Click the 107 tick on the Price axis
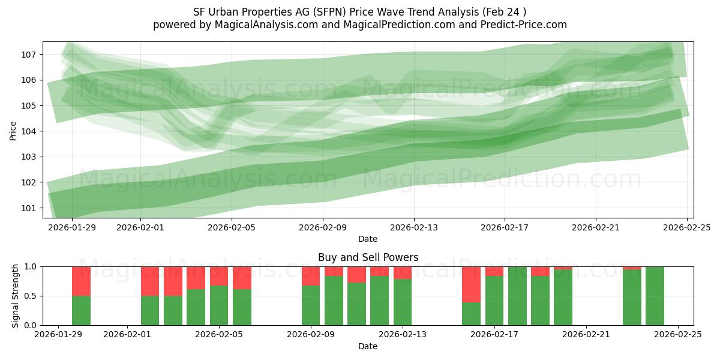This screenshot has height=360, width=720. click(x=31, y=55)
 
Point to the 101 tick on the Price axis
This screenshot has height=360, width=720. click(x=31, y=208)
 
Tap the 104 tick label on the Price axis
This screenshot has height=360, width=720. click(x=31, y=131)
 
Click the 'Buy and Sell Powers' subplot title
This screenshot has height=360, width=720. click(x=368, y=257)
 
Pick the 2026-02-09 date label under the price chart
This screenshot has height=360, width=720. click(x=323, y=227)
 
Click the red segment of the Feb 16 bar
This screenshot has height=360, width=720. click(x=471, y=284)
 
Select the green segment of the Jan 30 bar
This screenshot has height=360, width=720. click(x=81, y=311)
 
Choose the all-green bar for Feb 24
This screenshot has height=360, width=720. click(x=655, y=296)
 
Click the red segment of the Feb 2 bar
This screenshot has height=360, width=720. click(x=150, y=281)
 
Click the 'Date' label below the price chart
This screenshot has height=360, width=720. click(x=368, y=239)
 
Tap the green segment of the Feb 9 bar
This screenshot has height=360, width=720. click(x=311, y=305)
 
